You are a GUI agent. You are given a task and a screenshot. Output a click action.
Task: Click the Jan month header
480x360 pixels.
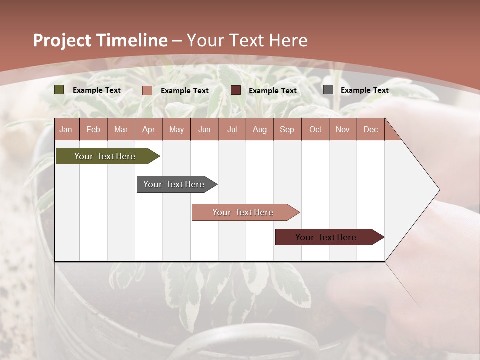tap(66, 129)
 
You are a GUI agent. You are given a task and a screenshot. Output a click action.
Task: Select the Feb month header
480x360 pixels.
tap(93, 129)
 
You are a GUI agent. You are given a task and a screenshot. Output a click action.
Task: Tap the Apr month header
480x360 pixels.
tap(148, 129)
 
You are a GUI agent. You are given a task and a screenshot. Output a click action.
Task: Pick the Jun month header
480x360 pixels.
tap(204, 129)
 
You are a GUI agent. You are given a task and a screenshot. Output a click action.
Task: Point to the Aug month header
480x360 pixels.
tap(259, 129)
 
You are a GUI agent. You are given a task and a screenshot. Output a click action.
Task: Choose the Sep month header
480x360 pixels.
tap(287, 129)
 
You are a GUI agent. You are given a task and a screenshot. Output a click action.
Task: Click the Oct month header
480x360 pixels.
tap(315, 129)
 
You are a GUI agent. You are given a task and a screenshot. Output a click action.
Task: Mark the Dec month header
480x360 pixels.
tap(370, 129)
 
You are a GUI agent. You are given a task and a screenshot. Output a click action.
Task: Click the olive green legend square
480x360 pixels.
tap(59, 90)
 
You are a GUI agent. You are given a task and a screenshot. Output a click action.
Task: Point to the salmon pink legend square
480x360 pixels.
tap(147, 90)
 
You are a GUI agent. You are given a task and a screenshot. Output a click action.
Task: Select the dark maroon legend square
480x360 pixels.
tap(236, 90)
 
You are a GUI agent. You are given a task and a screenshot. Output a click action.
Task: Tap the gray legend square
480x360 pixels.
tap(328, 90)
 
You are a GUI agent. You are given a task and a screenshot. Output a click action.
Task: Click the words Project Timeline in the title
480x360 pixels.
tap(100, 40)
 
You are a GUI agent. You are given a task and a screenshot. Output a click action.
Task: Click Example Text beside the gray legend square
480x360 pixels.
tap(364, 90)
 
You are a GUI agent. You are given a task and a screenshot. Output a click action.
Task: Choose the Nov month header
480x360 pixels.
tap(343, 129)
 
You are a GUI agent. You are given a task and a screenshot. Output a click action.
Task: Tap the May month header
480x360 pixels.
tap(176, 129)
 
